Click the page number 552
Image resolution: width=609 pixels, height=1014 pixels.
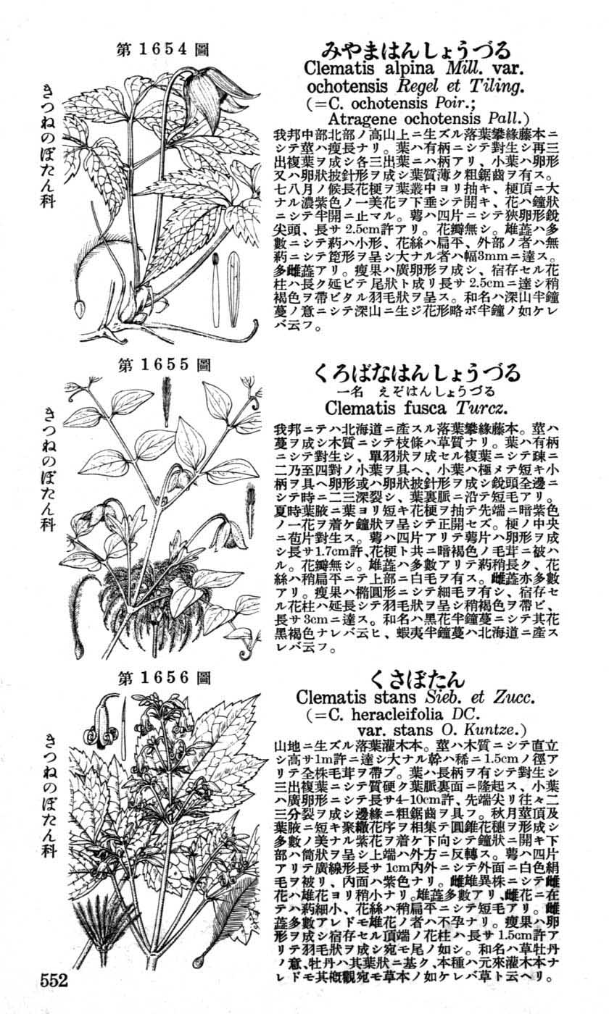[54, 981]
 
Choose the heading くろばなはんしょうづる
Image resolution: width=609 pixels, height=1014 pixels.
[417, 373]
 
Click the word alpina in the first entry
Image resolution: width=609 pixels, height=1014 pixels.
[413, 70]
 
